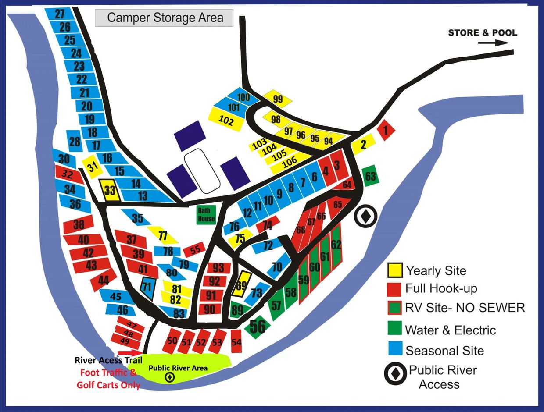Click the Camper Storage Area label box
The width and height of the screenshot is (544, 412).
point(165,18)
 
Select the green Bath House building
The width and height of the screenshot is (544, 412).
point(206,215)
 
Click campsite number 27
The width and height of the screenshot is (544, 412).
point(60,14)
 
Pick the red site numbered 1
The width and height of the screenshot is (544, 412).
point(386,130)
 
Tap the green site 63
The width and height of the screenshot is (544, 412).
point(371,176)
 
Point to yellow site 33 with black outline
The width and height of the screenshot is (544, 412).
point(109,190)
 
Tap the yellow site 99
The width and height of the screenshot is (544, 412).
point(278,99)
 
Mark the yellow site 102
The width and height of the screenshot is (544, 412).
point(226,120)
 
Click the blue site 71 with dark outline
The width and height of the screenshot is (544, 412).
point(148,288)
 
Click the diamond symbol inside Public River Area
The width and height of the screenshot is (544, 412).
point(168,377)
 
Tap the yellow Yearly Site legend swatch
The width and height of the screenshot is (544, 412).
point(395,270)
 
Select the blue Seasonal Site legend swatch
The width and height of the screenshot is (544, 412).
point(395,350)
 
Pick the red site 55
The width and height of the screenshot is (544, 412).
point(194,249)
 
